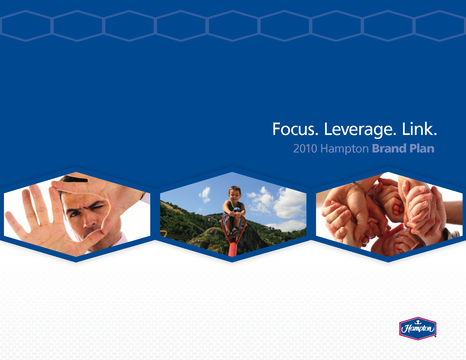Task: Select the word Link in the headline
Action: point(419,129)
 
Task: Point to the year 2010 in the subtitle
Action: point(305,148)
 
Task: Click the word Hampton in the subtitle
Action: point(345,149)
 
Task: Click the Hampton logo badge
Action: point(418,328)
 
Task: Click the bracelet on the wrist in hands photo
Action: point(361,188)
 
